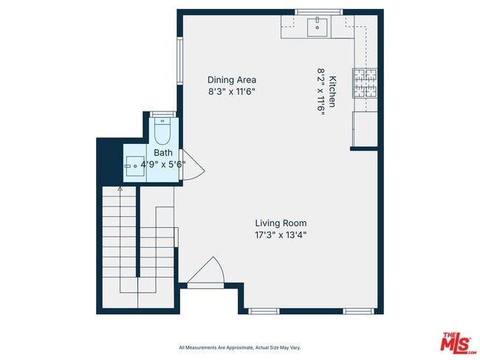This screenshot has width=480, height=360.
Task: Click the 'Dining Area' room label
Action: [231, 80]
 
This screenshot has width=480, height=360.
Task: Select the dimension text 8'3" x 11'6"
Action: [231, 92]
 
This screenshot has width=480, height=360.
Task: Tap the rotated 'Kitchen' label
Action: [333, 92]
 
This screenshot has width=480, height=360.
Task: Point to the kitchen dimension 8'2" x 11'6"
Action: [321, 92]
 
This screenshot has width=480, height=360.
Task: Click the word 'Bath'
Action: [162, 153]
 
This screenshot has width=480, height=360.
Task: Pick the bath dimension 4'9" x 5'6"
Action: [162, 165]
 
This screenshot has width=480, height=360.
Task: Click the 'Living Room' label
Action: [281, 223]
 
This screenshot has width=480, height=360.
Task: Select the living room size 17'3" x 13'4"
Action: [281, 235]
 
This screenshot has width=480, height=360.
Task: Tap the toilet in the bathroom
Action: [163, 133]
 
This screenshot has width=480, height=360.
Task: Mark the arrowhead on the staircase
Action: [120, 190]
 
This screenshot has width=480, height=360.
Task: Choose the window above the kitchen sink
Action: [318, 11]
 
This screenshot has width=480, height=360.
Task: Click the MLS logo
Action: [458, 343]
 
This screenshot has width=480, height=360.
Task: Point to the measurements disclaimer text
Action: [239, 347]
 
